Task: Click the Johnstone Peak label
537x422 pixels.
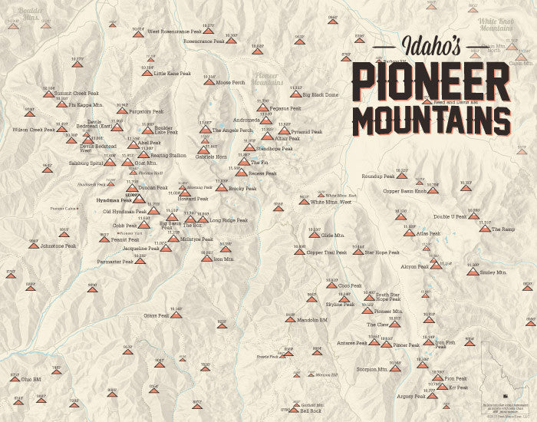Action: click(58, 246)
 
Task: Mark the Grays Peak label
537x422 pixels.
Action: click(156, 315)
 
